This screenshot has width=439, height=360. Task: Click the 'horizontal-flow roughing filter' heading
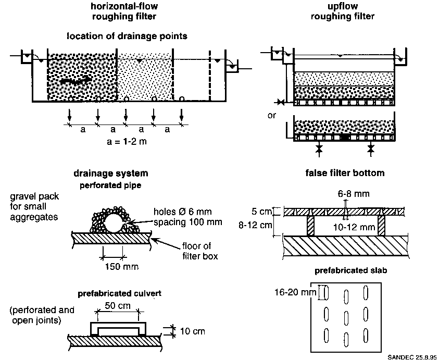[124, 11]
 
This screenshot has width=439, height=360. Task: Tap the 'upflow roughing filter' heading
[343, 11]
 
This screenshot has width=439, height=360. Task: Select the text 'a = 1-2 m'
[127, 142]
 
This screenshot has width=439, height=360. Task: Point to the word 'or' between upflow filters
[271, 115]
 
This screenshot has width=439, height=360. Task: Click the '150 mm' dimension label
[122, 266]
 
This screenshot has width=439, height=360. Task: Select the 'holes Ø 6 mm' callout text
[183, 212]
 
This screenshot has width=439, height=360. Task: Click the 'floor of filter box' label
[200, 251]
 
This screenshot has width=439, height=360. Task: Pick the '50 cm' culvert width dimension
[118, 305]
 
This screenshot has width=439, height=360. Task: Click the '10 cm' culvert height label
[192, 331]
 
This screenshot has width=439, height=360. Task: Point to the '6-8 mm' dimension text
[353, 194]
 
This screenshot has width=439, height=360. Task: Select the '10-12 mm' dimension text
[354, 227]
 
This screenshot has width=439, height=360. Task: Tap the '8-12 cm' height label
[255, 225]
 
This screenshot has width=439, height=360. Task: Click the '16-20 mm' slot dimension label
[295, 292]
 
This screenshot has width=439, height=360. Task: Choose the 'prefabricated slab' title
[351, 270]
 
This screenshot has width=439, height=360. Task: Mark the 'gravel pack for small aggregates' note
[34, 206]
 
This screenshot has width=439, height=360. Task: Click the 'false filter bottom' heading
[345, 173]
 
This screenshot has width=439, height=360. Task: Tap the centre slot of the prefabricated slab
[346, 318]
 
